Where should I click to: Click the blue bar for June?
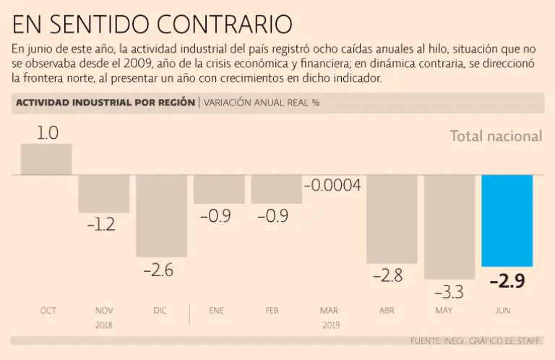pos(507,220)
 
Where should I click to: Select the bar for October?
pos(46,159)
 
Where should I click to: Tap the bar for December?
pos(161,215)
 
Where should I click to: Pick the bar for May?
pos(449,226)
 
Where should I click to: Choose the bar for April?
pos(392,219)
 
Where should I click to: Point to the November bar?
pos(104,194)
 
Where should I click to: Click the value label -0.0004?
pos(332,186)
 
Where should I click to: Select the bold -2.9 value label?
pos(507,281)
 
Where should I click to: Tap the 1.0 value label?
pos(47,133)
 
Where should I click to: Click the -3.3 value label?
pos(449,292)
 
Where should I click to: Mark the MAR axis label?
pos(329,311)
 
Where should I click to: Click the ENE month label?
pos(216,311)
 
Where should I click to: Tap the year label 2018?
pos(104,325)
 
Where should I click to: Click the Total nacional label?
pos(496,136)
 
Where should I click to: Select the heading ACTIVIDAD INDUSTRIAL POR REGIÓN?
pos(105,103)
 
